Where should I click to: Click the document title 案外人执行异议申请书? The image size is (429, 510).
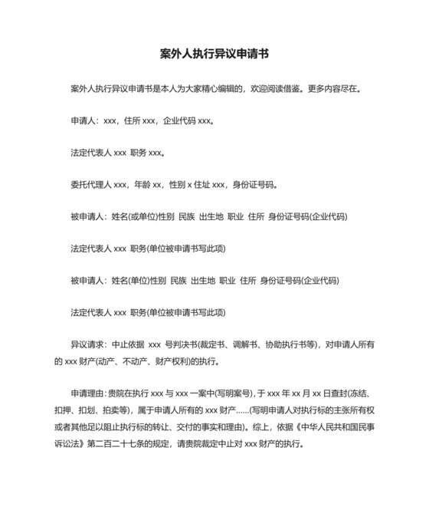click(x=214, y=54)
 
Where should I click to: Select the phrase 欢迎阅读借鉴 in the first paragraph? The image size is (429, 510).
click(x=270, y=88)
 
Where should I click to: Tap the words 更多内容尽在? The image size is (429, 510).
click(x=333, y=88)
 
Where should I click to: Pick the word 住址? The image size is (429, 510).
click(x=201, y=185)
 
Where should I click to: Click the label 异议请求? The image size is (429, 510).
click(x=88, y=344)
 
